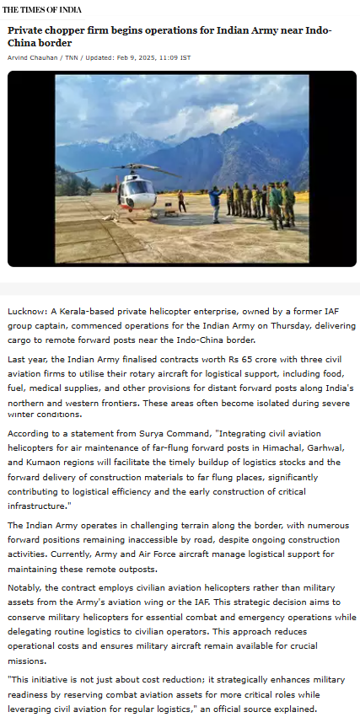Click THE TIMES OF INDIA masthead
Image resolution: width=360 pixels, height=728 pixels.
41,9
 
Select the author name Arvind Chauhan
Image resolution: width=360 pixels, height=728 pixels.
30,57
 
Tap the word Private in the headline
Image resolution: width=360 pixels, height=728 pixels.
28,30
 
